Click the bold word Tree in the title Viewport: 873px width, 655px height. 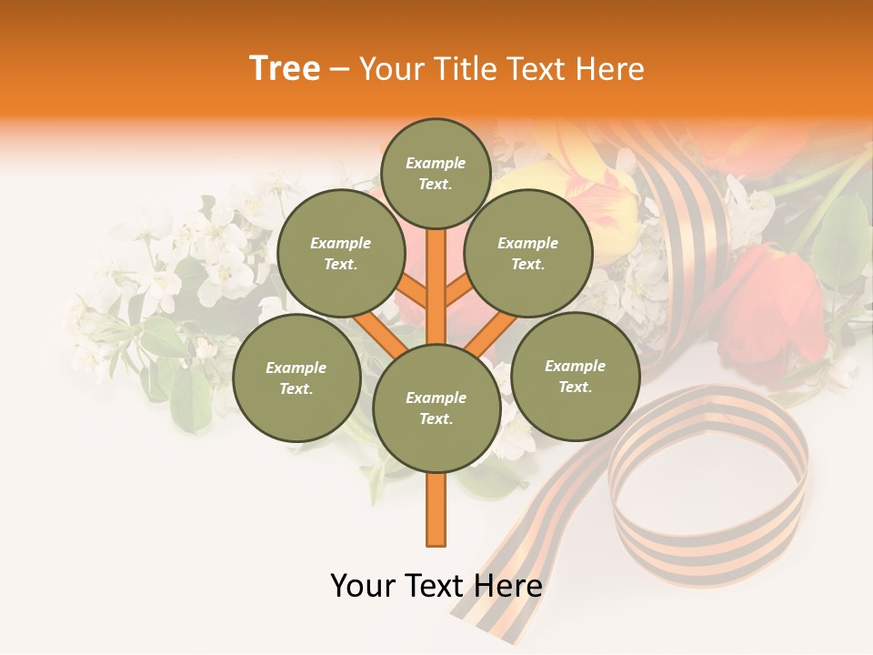tap(285, 69)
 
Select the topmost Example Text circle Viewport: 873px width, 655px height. tap(436, 173)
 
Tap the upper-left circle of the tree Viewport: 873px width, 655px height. tap(340, 253)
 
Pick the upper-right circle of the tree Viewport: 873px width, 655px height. tap(528, 253)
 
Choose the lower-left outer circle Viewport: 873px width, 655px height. tap(296, 378)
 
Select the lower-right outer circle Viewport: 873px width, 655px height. tap(575, 376)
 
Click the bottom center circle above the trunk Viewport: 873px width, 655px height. tap(436, 408)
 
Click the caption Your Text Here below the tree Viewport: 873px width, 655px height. tap(436, 586)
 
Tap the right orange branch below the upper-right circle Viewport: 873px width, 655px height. tap(492, 331)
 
